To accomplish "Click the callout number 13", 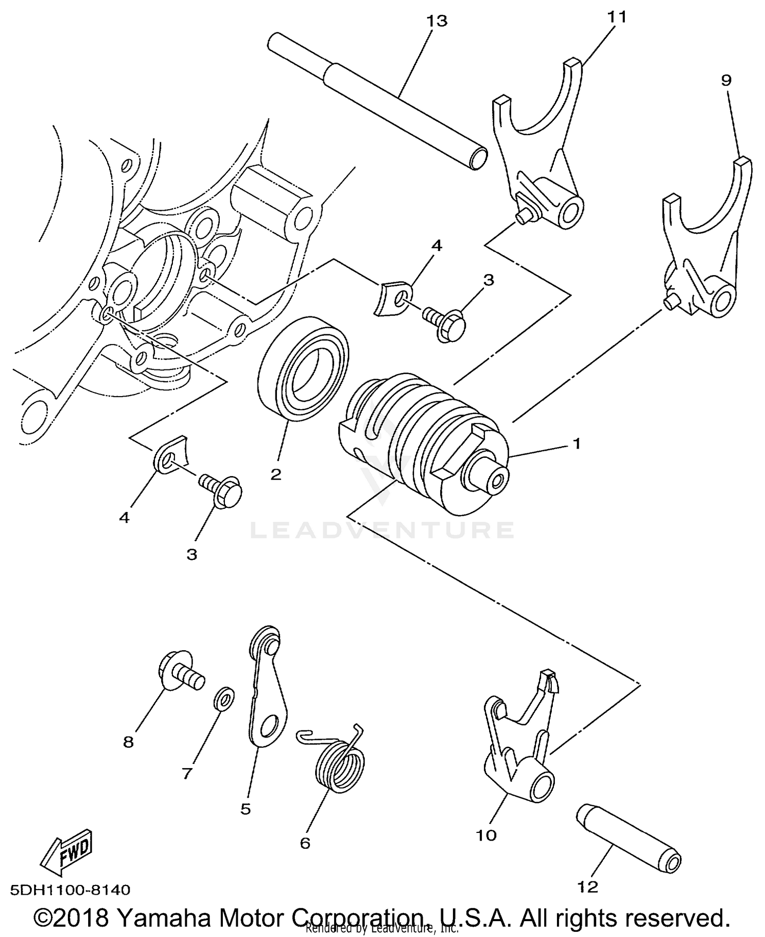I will click(437, 21).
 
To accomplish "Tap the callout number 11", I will click(616, 17).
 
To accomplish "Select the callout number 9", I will click(726, 80).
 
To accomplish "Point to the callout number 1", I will click(576, 443).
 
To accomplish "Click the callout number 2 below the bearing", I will click(276, 474).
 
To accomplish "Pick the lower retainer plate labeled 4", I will click(170, 454).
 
